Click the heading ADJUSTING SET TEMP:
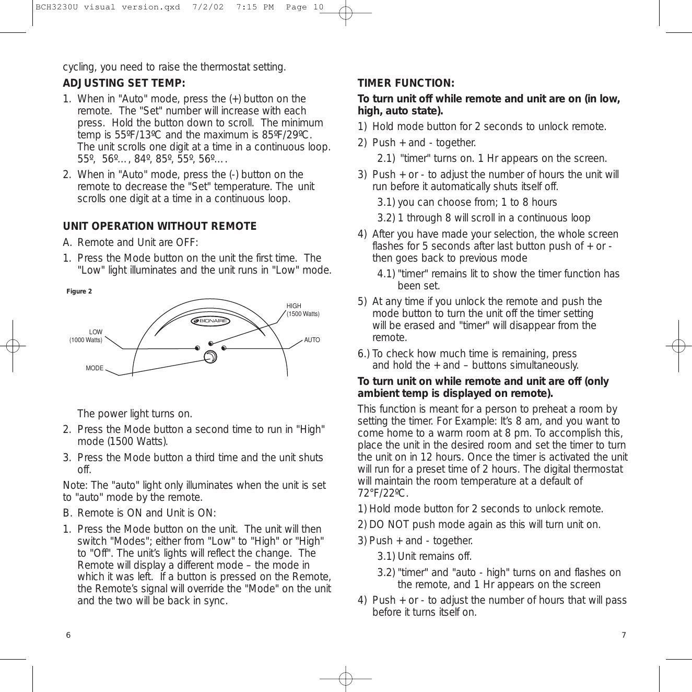[124, 84]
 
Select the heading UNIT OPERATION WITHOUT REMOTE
[159, 226]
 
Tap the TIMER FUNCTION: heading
[406, 84]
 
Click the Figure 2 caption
[79, 291]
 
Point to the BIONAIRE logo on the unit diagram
[210, 321]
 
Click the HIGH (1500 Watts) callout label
[302, 310]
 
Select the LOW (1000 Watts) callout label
[86, 336]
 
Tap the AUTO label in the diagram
[312, 340]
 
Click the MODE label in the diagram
[95, 368]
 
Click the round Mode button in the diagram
[210, 357]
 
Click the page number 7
[624, 635]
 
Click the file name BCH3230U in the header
[54, 7]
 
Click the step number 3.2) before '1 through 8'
[386, 218]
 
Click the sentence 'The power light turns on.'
[135, 414]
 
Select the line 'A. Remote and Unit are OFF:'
[130, 242]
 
